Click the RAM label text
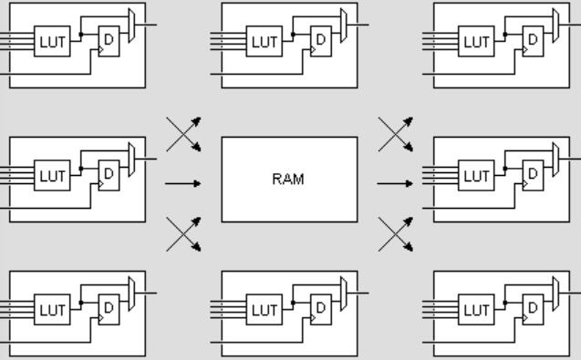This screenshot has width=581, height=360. (288, 180)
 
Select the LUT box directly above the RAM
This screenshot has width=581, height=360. (265, 41)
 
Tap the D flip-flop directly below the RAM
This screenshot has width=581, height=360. (321, 310)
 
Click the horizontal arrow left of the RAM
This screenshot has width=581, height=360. (183, 183)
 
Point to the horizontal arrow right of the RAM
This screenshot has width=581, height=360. (395, 183)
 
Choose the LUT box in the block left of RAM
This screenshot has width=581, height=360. (52, 176)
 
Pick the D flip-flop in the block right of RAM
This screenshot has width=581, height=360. (533, 176)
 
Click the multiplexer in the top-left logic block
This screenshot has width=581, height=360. (131, 26)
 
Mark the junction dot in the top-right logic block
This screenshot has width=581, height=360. (505, 35)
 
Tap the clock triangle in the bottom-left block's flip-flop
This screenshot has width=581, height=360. (100, 318)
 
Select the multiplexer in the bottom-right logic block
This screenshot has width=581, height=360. (555, 293)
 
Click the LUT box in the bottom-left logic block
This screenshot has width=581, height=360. (52, 310)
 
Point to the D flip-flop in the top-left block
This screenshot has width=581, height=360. (109, 41)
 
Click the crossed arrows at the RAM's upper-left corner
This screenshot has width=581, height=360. (183, 134)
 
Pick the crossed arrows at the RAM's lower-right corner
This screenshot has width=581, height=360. (395, 234)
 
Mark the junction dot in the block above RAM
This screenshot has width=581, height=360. (293, 35)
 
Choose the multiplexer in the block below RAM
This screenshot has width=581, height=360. (344, 293)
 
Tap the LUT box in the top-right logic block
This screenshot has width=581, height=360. (476, 41)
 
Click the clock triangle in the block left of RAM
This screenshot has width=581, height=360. (100, 184)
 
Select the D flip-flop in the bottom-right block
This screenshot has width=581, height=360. (533, 310)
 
